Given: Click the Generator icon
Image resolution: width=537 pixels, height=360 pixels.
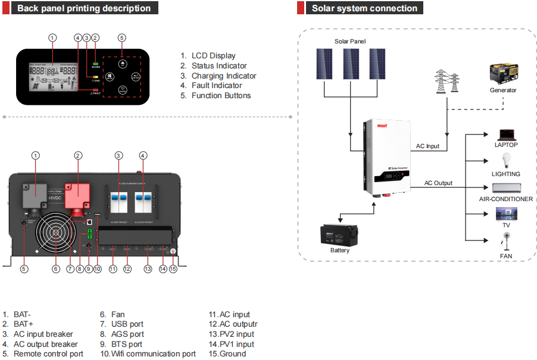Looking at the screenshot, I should (503, 74).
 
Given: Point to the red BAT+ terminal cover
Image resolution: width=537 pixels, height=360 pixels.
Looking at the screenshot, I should (78, 193).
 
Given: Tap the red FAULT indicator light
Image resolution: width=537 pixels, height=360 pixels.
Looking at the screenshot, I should (95, 89).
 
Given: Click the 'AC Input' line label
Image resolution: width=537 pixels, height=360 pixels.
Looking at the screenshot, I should (427, 146).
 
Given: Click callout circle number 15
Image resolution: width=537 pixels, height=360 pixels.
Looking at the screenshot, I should (173, 269).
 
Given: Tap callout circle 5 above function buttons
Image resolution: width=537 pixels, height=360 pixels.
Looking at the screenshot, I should (122, 37).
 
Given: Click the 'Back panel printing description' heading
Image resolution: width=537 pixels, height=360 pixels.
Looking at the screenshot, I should (83, 8).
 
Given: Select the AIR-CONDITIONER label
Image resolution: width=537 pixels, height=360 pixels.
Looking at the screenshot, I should (506, 199).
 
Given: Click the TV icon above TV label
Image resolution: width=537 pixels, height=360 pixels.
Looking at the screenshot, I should (506, 214).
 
